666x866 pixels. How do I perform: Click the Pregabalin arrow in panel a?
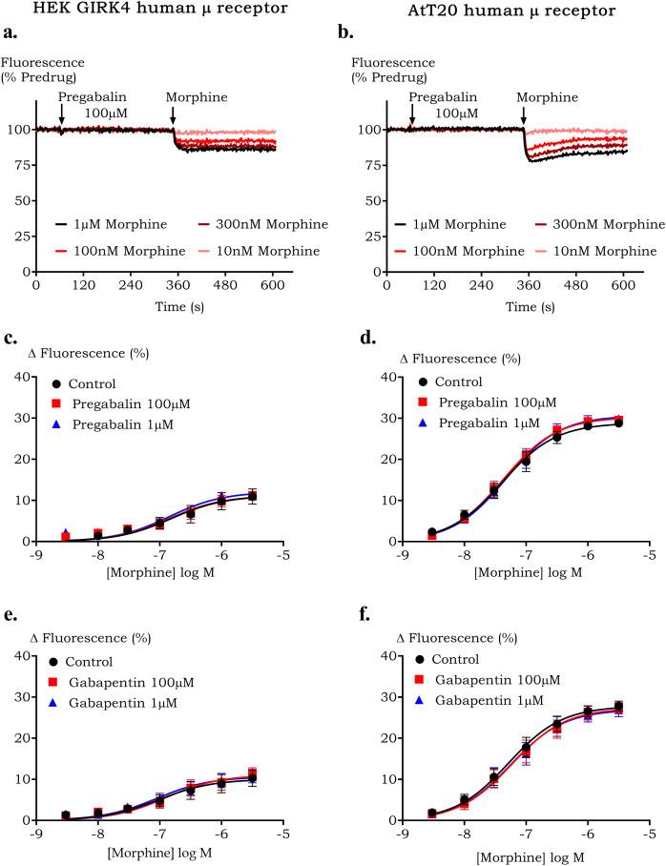(61, 113)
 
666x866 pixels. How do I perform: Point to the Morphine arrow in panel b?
(523, 113)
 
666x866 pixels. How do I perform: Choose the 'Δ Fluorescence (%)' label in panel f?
(451, 637)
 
